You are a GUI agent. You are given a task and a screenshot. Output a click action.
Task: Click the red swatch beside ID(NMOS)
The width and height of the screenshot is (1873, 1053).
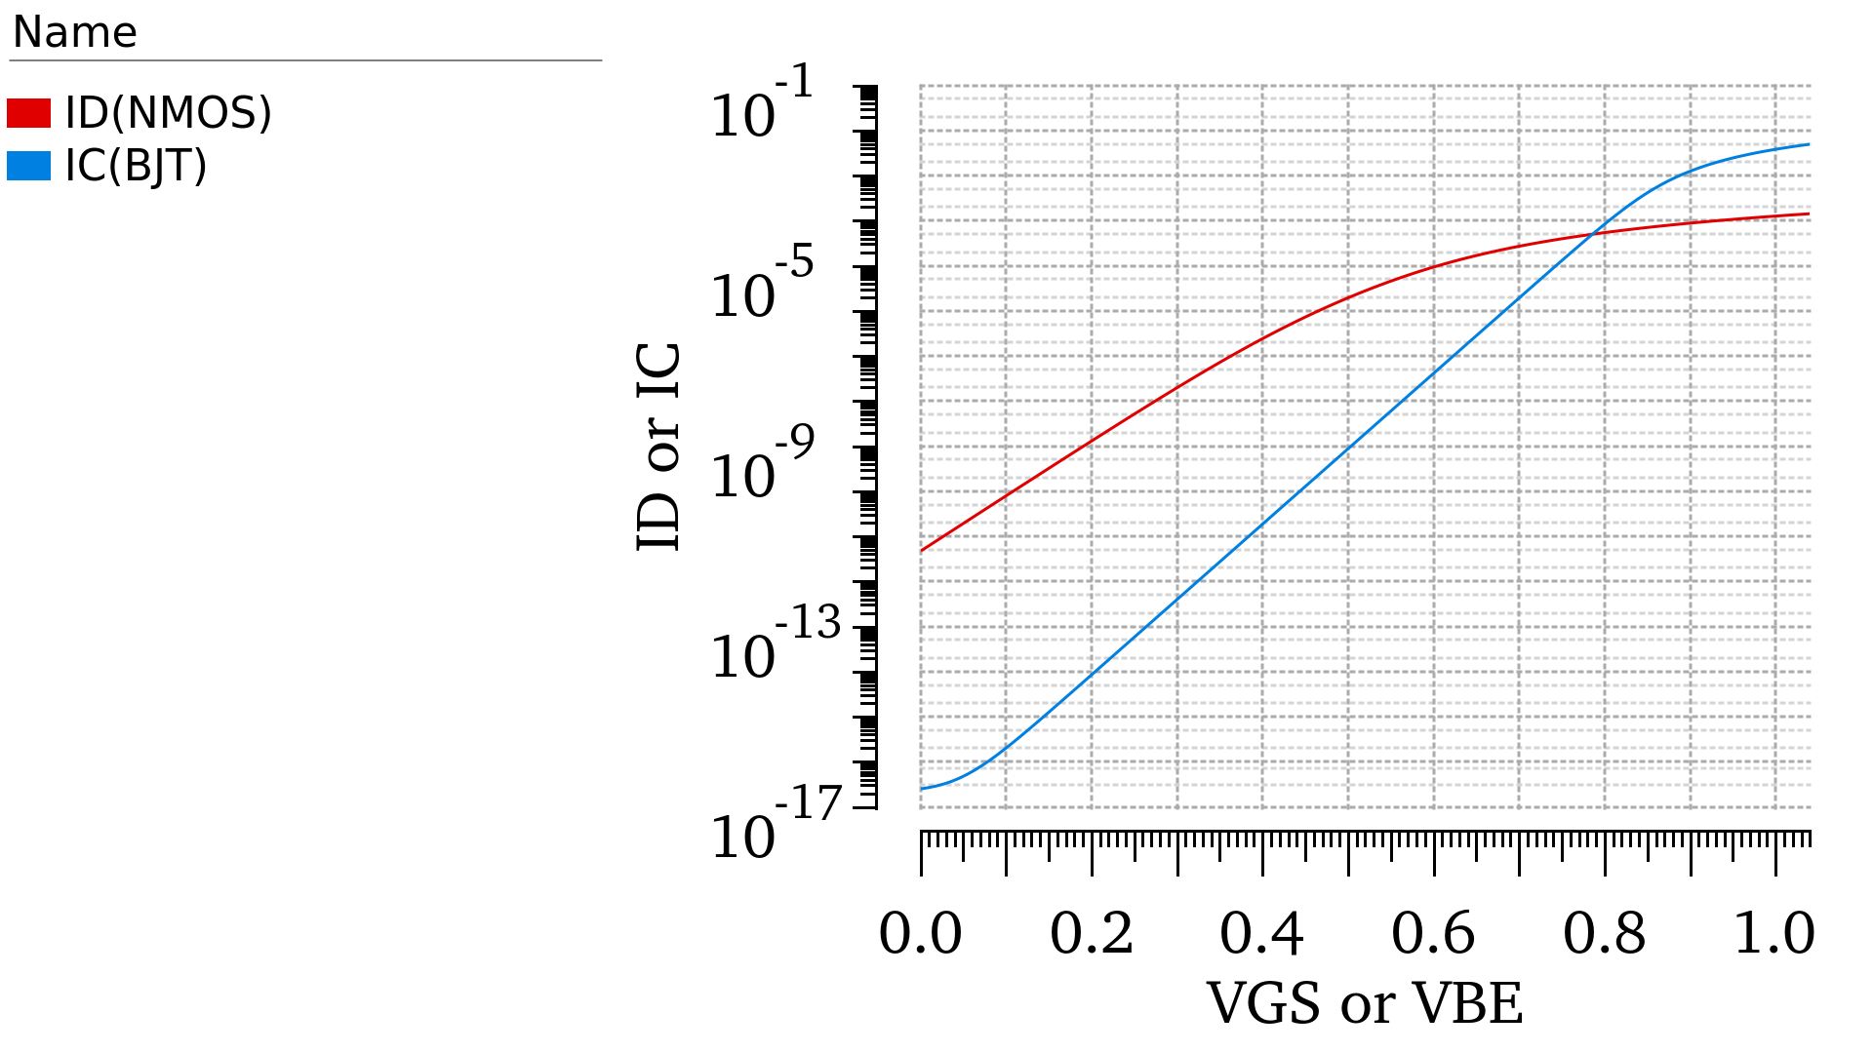tap(28, 113)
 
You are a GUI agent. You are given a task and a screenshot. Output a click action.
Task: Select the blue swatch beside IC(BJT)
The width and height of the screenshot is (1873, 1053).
tap(28, 166)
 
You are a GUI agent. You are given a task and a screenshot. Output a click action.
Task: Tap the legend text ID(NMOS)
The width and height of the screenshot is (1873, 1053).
tap(168, 113)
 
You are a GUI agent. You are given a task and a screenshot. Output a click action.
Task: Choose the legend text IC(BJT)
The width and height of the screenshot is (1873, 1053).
tap(136, 166)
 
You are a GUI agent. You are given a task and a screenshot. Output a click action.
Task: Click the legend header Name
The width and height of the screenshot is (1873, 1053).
tap(74, 33)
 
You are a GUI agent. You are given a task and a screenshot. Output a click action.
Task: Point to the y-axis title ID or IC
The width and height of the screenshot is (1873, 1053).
tap(659, 447)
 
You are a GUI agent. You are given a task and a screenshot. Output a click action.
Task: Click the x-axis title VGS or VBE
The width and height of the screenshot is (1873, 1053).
tap(1365, 1003)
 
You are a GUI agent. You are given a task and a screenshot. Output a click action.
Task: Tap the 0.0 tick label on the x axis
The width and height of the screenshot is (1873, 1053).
tap(920, 933)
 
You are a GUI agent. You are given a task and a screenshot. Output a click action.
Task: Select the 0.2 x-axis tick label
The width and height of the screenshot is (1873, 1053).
tap(1092, 933)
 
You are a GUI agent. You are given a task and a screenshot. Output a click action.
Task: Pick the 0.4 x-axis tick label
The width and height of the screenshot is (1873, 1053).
tap(1262, 933)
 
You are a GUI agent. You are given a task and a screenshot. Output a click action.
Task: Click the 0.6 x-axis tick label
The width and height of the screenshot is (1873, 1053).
tap(1433, 933)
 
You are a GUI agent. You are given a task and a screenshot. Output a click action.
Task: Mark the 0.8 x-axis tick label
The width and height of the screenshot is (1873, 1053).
tap(1605, 933)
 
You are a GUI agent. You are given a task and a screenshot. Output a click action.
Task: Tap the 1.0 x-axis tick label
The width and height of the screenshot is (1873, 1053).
tap(1774, 933)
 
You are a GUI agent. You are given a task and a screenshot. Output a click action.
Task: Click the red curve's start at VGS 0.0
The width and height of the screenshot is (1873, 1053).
tap(922, 551)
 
